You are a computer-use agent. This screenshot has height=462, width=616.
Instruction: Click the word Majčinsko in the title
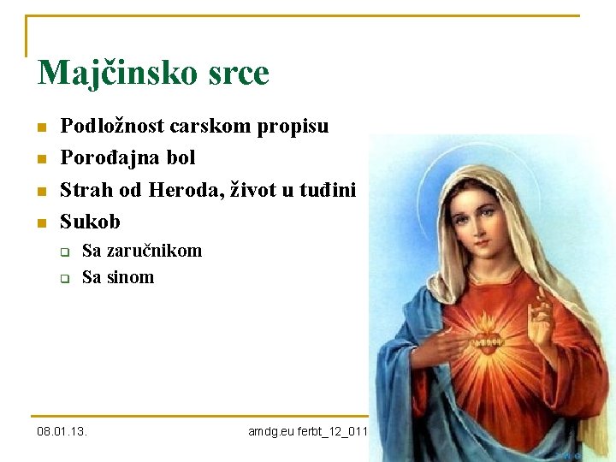pyautogui.click(x=115, y=74)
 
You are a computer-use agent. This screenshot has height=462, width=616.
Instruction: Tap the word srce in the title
pyautogui.click(x=235, y=74)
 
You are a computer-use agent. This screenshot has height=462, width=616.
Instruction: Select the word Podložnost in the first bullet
pyautogui.click(x=112, y=127)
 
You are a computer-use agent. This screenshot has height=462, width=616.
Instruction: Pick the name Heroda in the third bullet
pyautogui.click(x=181, y=190)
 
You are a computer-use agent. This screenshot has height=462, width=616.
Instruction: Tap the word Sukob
pyautogui.click(x=90, y=222)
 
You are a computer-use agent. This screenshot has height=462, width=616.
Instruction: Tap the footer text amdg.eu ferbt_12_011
pyautogui.click(x=307, y=431)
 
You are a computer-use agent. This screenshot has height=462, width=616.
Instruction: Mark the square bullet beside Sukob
pyautogui.click(x=39, y=223)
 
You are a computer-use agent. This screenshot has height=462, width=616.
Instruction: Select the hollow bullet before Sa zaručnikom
pyautogui.click(x=64, y=252)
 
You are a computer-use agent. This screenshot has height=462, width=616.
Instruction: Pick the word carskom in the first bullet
pyautogui.click(x=206, y=127)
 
